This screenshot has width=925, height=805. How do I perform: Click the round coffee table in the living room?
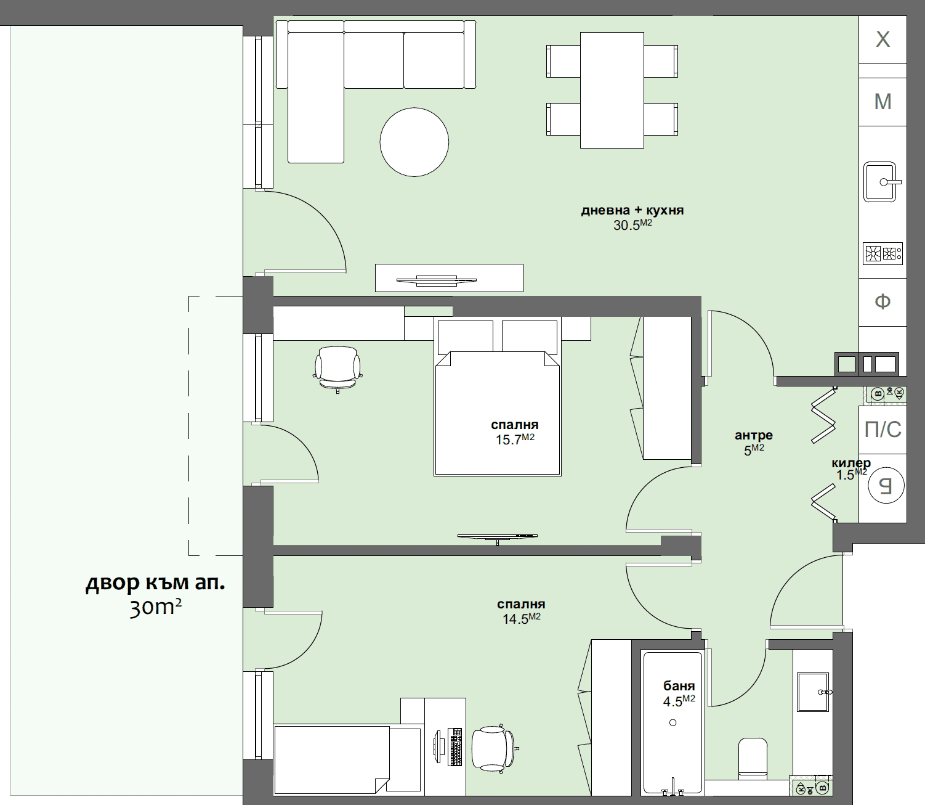[414, 142]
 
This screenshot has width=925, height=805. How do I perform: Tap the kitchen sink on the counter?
[880, 182]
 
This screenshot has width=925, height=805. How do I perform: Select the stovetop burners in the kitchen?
[882, 253]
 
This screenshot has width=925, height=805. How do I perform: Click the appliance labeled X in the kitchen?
[883, 39]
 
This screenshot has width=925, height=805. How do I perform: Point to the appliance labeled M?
[883, 101]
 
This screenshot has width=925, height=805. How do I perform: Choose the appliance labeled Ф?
[883, 301]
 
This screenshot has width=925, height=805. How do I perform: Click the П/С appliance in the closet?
[883, 429]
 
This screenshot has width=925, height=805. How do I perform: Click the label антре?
[753, 435]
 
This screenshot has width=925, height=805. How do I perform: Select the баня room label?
[679, 685]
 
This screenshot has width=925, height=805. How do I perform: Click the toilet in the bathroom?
[753, 758]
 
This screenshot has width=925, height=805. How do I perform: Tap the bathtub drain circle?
[673, 722]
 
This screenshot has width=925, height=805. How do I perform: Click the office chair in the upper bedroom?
[337, 367]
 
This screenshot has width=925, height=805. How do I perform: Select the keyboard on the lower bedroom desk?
[456, 747]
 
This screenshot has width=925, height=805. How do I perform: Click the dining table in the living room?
[612, 90]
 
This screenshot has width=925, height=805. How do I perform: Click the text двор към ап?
[155, 582]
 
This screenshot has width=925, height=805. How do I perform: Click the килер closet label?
[850, 463]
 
